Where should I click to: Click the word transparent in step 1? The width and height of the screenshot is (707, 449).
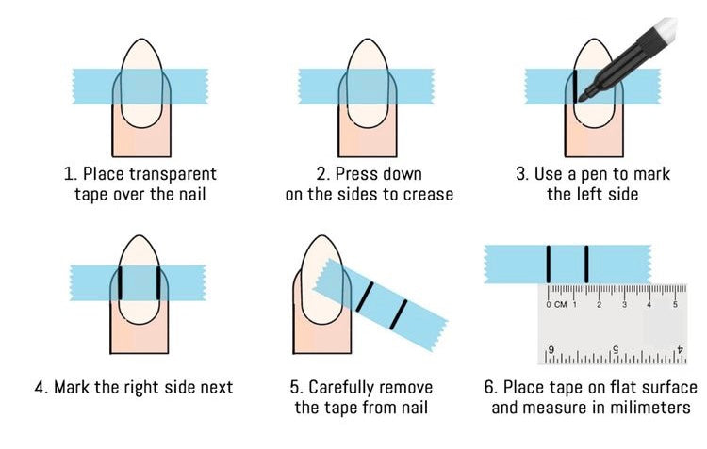173,174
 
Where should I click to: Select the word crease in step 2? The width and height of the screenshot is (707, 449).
428,195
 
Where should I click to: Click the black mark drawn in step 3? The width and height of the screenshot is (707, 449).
575,87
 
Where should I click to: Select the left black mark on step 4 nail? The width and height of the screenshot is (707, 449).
120,282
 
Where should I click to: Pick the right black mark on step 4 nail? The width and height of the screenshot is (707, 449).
158,282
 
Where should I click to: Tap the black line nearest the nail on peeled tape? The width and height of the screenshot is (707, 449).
365,297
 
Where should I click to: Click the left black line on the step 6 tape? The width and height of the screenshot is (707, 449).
549,265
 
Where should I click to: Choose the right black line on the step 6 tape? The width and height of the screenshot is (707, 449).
586,265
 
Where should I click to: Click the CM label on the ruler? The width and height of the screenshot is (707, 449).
561,304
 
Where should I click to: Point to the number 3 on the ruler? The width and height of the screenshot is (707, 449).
624,305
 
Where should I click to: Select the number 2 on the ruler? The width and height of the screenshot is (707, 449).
600,305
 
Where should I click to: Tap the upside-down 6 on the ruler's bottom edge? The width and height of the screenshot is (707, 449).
551,349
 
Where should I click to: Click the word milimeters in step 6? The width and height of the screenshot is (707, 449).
650,408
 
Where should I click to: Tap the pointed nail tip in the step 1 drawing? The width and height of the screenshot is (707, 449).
142,40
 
